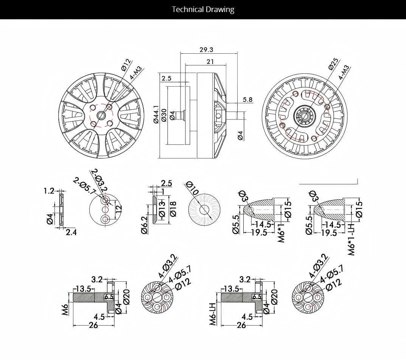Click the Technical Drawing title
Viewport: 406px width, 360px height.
[x=203, y=9]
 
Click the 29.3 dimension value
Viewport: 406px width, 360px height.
[x=206, y=50]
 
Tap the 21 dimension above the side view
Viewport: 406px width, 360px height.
[x=210, y=62]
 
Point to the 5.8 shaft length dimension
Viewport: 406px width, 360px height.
[x=248, y=99]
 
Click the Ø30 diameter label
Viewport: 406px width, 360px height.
[x=164, y=115]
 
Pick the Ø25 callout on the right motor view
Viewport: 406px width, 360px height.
[x=333, y=64]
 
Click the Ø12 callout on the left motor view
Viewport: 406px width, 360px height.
[x=126, y=65]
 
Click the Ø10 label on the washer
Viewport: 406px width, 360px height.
[x=193, y=188]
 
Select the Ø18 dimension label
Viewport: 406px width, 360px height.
[x=173, y=208]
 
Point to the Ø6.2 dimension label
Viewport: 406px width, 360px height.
[x=144, y=225]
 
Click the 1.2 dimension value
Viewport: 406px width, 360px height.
[x=49, y=191]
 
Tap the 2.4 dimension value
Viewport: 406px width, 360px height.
[x=71, y=232]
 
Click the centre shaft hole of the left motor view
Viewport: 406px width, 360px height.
[x=101, y=115]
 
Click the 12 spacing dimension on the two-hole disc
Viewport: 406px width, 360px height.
[x=119, y=208]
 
